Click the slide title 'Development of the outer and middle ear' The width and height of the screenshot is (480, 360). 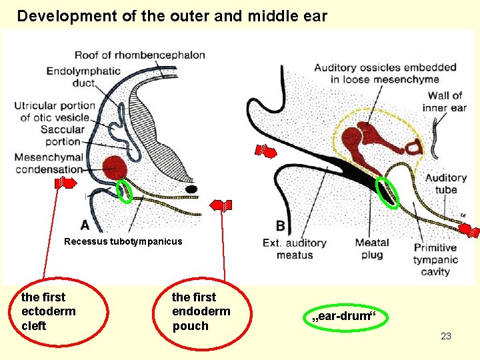click(172, 16)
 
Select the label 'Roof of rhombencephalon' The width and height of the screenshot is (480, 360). click(139, 55)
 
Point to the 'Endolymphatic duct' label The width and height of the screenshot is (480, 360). click(83, 77)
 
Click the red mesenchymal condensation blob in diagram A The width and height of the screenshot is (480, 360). click(115, 167)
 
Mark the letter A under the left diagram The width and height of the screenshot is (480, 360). click(85, 225)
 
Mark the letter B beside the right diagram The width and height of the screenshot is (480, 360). click(280, 225)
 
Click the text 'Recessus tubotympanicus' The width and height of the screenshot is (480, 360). click(123, 241)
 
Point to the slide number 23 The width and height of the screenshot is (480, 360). click(446, 336)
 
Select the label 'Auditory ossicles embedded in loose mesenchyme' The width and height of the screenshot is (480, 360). click(385, 73)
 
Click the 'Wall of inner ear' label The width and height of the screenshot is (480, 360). click(445, 101)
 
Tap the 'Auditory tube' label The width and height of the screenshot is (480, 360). click(445, 183)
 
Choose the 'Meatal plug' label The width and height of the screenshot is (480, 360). click(372, 249)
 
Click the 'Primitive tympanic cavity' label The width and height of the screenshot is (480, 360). click(435, 259)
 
